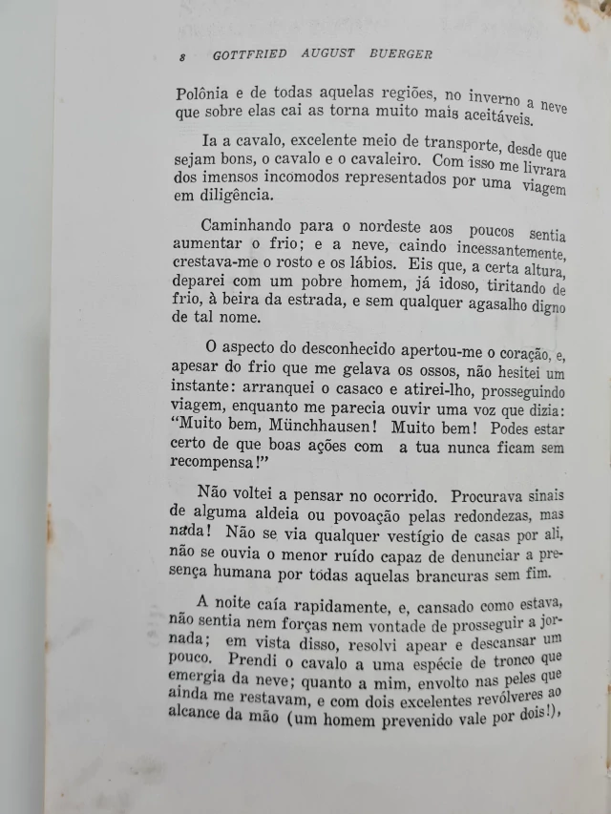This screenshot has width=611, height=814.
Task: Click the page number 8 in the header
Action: pos(181,55)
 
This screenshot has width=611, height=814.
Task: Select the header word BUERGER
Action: pos(401,54)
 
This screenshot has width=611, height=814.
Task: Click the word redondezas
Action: pos(448,516)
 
